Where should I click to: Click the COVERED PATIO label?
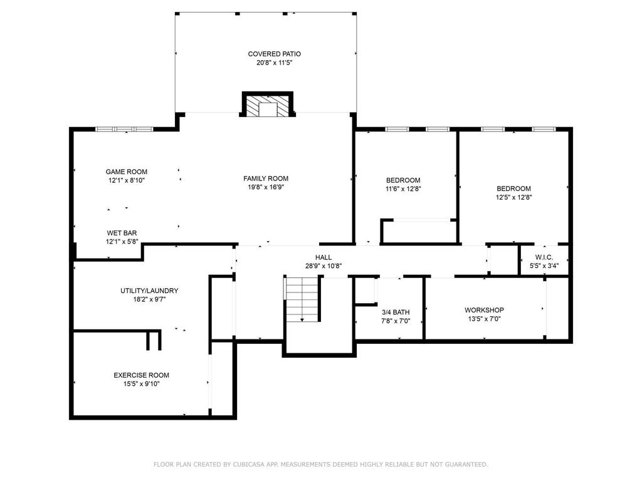click(275, 54)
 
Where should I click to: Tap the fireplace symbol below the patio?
click(268, 105)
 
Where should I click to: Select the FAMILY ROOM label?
click(266, 178)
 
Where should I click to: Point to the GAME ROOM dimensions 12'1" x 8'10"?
click(127, 180)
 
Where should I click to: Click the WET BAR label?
click(122, 233)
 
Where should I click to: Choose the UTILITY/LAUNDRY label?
click(149, 291)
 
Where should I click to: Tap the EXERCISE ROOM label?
click(141, 375)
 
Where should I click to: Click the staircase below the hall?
click(302, 299)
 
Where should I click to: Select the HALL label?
click(324, 257)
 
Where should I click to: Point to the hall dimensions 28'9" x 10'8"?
click(324, 266)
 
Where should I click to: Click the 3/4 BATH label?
click(396, 312)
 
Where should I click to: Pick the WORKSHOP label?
click(484, 310)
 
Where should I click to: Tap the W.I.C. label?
click(544, 257)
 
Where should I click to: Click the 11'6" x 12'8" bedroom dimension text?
click(403, 189)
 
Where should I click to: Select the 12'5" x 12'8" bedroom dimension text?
click(514, 197)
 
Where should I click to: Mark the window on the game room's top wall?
click(124, 129)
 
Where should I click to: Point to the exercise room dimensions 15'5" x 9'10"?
click(141, 384)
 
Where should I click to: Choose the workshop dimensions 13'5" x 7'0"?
click(485, 319)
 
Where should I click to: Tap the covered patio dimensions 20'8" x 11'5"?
click(275, 63)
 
